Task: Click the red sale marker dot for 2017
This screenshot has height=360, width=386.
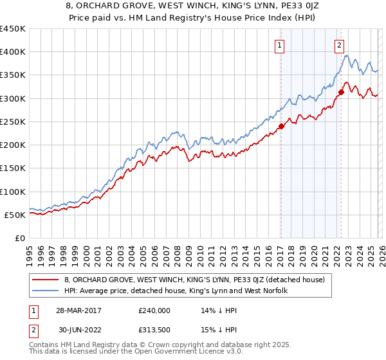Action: coord(281,127)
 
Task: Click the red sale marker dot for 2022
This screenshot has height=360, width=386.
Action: coord(341,92)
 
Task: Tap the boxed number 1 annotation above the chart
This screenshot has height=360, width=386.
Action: coord(280,45)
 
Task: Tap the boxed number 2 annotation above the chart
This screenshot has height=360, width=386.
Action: coord(339,45)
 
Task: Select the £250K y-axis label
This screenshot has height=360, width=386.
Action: coord(12,122)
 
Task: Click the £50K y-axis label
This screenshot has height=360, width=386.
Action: coord(15,215)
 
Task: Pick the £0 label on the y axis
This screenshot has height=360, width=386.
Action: coord(20,239)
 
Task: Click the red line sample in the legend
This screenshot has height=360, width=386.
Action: coord(45,280)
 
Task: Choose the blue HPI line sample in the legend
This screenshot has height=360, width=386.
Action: coord(45,291)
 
